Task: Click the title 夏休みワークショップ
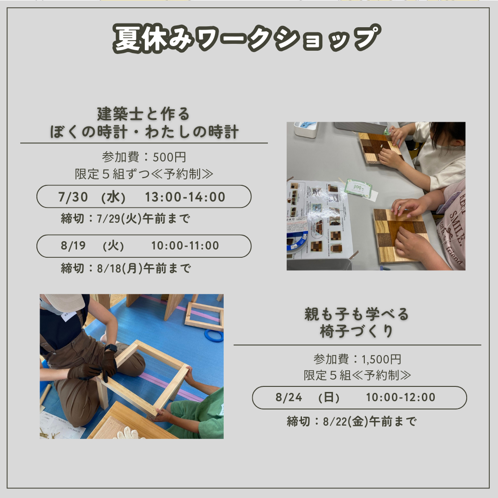[x=247, y=38]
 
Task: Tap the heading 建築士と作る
[x=143, y=114]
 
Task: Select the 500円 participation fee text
[x=169, y=157]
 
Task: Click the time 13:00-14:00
[x=185, y=197]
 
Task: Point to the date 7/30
[x=73, y=197]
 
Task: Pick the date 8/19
[x=73, y=245]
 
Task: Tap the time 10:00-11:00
[x=185, y=245]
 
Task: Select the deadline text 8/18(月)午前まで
[x=144, y=268]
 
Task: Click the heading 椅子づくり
[x=356, y=332]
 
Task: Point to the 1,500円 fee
[x=381, y=359]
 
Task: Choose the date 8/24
[x=289, y=397]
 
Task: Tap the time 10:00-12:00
[x=401, y=397]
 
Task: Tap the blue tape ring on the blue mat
[x=214, y=335]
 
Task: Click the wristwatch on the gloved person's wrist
[x=111, y=348]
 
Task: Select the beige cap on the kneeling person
[x=64, y=302]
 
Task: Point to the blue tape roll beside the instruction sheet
[x=297, y=242]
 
